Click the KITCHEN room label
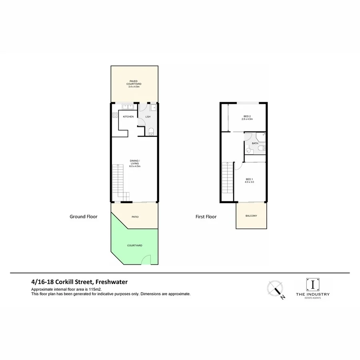[x=128, y=116]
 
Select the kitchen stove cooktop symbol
[x=115, y=115]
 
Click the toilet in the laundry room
[x=151, y=132]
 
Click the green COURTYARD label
[x=135, y=245]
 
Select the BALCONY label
[x=251, y=216]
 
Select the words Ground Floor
[x=84, y=216]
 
